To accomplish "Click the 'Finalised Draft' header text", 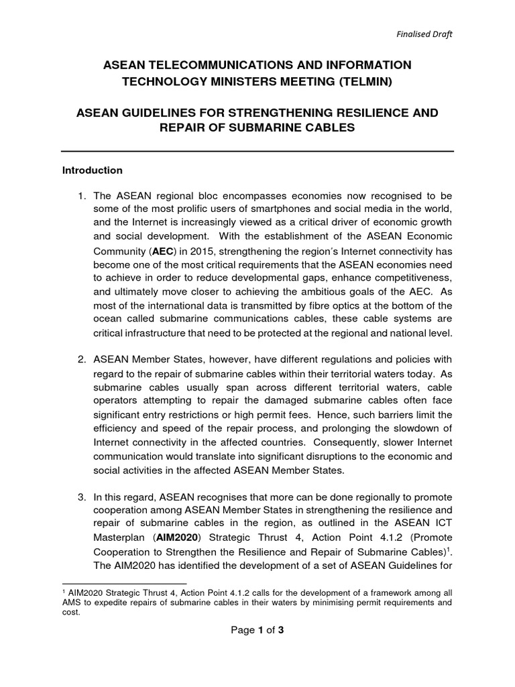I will point(422,34).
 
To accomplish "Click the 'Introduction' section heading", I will point(93,170).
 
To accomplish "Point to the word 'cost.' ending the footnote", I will point(71,612).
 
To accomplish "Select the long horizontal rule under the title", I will point(258,151).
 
